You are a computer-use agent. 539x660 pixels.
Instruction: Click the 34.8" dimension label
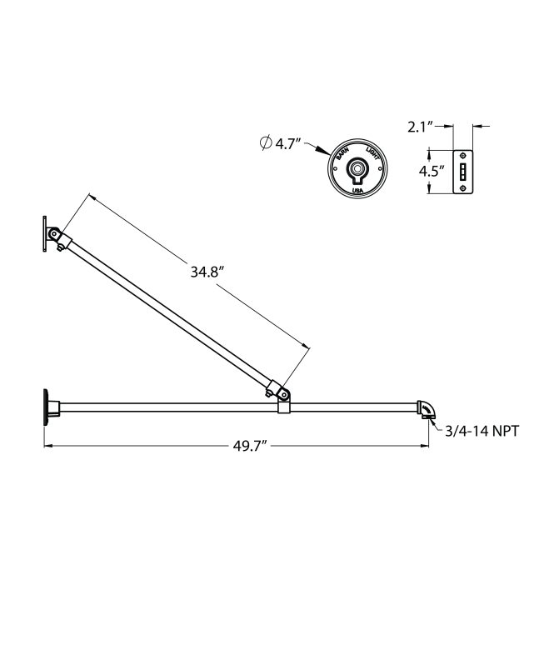(206, 272)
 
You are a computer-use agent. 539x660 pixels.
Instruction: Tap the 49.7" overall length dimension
(249, 446)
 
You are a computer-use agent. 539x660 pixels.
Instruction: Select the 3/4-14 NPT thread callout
(484, 430)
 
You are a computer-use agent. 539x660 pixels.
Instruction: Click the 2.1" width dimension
(421, 127)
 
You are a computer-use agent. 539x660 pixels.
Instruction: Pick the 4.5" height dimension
(430, 172)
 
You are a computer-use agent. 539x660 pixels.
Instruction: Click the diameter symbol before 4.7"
(265, 142)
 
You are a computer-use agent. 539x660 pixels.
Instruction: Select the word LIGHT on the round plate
(373, 154)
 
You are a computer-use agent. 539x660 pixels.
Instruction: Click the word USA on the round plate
(357, 192)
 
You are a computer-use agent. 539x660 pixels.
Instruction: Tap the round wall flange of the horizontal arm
(43, 407)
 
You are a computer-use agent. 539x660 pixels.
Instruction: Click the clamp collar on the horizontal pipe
(283, 405)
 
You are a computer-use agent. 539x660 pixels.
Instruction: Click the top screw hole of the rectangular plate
(463, 157)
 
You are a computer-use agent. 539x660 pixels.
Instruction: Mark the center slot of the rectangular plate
(463, 172)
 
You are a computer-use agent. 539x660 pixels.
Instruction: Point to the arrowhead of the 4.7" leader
(327, 155)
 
